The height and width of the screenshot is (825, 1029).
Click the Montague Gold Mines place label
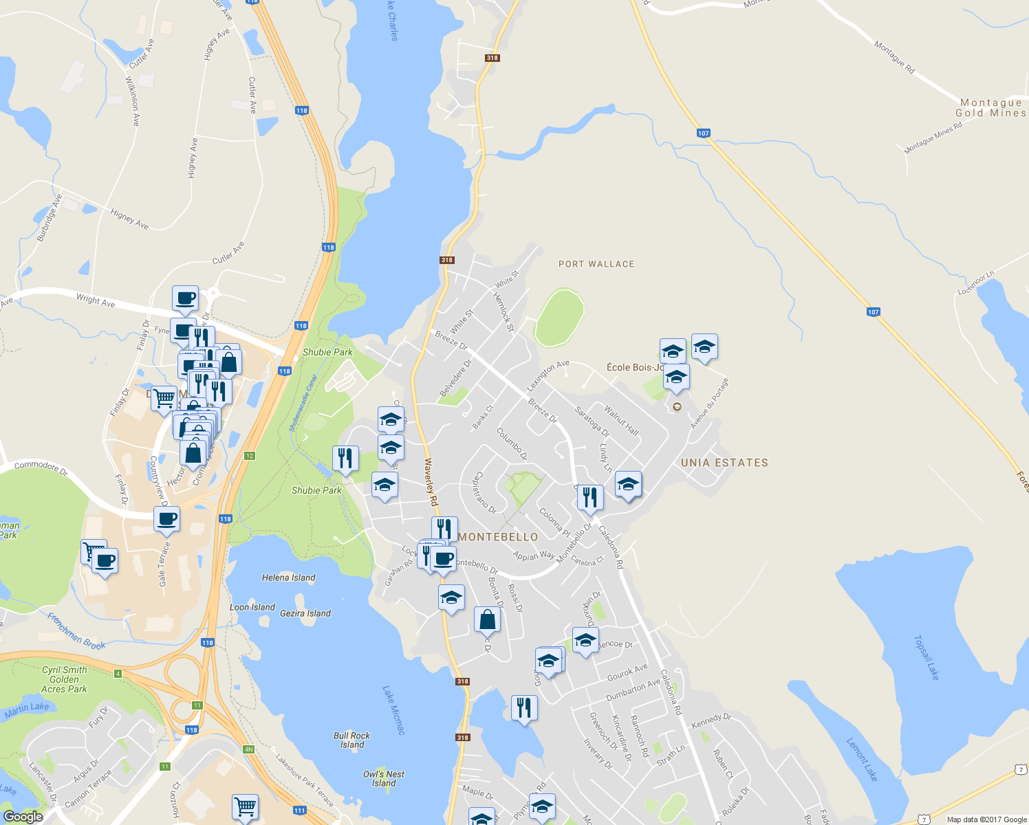990,108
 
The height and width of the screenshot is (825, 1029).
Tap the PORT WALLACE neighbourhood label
596,264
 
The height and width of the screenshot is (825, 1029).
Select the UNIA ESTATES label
724,463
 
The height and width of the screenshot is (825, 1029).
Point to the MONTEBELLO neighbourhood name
498,536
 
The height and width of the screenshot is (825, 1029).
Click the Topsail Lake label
926,657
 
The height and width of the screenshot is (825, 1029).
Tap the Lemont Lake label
862,760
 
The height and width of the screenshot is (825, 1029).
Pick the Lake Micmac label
394,710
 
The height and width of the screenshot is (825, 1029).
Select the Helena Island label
288,577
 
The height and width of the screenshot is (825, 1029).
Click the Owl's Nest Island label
384,778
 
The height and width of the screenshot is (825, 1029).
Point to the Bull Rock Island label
351,740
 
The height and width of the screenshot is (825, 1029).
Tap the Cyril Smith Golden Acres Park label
64,679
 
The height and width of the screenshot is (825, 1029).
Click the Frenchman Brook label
76,632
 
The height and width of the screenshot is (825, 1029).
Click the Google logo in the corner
23,817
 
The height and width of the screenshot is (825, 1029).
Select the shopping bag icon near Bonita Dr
487,619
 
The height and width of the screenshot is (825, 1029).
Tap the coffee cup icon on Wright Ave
185,298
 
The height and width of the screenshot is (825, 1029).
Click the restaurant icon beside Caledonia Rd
590,497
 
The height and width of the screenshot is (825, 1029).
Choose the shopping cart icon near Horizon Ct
245,806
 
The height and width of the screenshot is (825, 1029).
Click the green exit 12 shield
250,456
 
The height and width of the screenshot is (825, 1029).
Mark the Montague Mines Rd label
933,137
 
